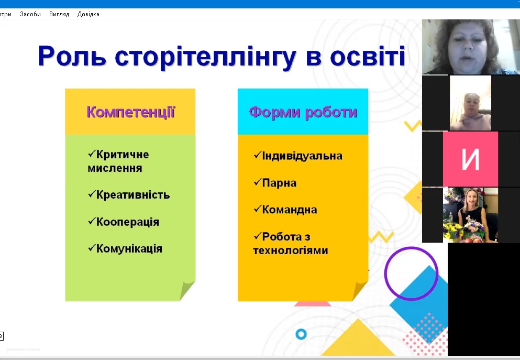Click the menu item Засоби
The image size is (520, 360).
pyautogui.click(x=30, y=14)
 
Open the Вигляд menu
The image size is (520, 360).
pyautogui.click(x=59, y=14)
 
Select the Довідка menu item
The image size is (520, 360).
pyautogui.click(x=88, y=14)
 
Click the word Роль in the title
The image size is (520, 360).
pyautogui.click(x=72, y=56)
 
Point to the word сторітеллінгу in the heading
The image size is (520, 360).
pyautogui.click(x=205, y=57)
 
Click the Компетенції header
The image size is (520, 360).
pyautogui.click(x=131, y=112)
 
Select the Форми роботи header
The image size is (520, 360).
pyautogui.click(x=303, y=112)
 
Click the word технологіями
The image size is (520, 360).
pyautogui.click(x=291, y=250)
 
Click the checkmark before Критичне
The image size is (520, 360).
pyautogui.click(x=92, y=154)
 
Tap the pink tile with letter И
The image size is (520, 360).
pyautogui.click(x=470, y=159)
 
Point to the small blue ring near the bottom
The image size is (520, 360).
pyautogui.click(x=301, y=334)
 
